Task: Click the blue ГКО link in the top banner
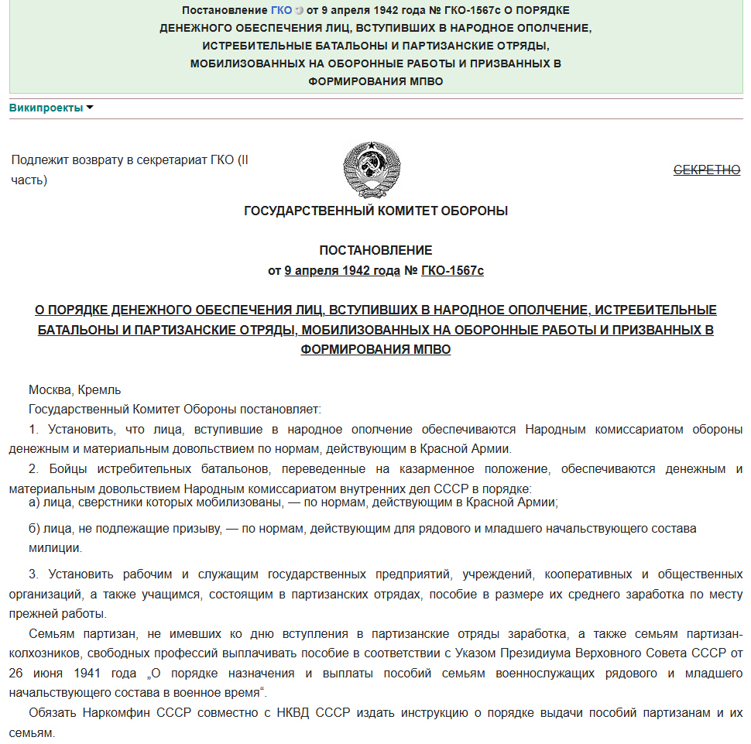click(282, 10)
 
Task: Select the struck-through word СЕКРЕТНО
click(707, 170)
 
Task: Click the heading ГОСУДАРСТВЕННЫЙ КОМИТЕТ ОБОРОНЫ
click(375, 211)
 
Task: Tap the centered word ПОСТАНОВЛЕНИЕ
click(375, 251)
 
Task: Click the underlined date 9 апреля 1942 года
click(343, 271)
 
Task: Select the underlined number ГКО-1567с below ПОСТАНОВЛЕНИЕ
click(452, 271)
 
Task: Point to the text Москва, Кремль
click(75, 390)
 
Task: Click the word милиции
click(46, 548)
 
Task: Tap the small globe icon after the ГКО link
click(299, 11)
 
